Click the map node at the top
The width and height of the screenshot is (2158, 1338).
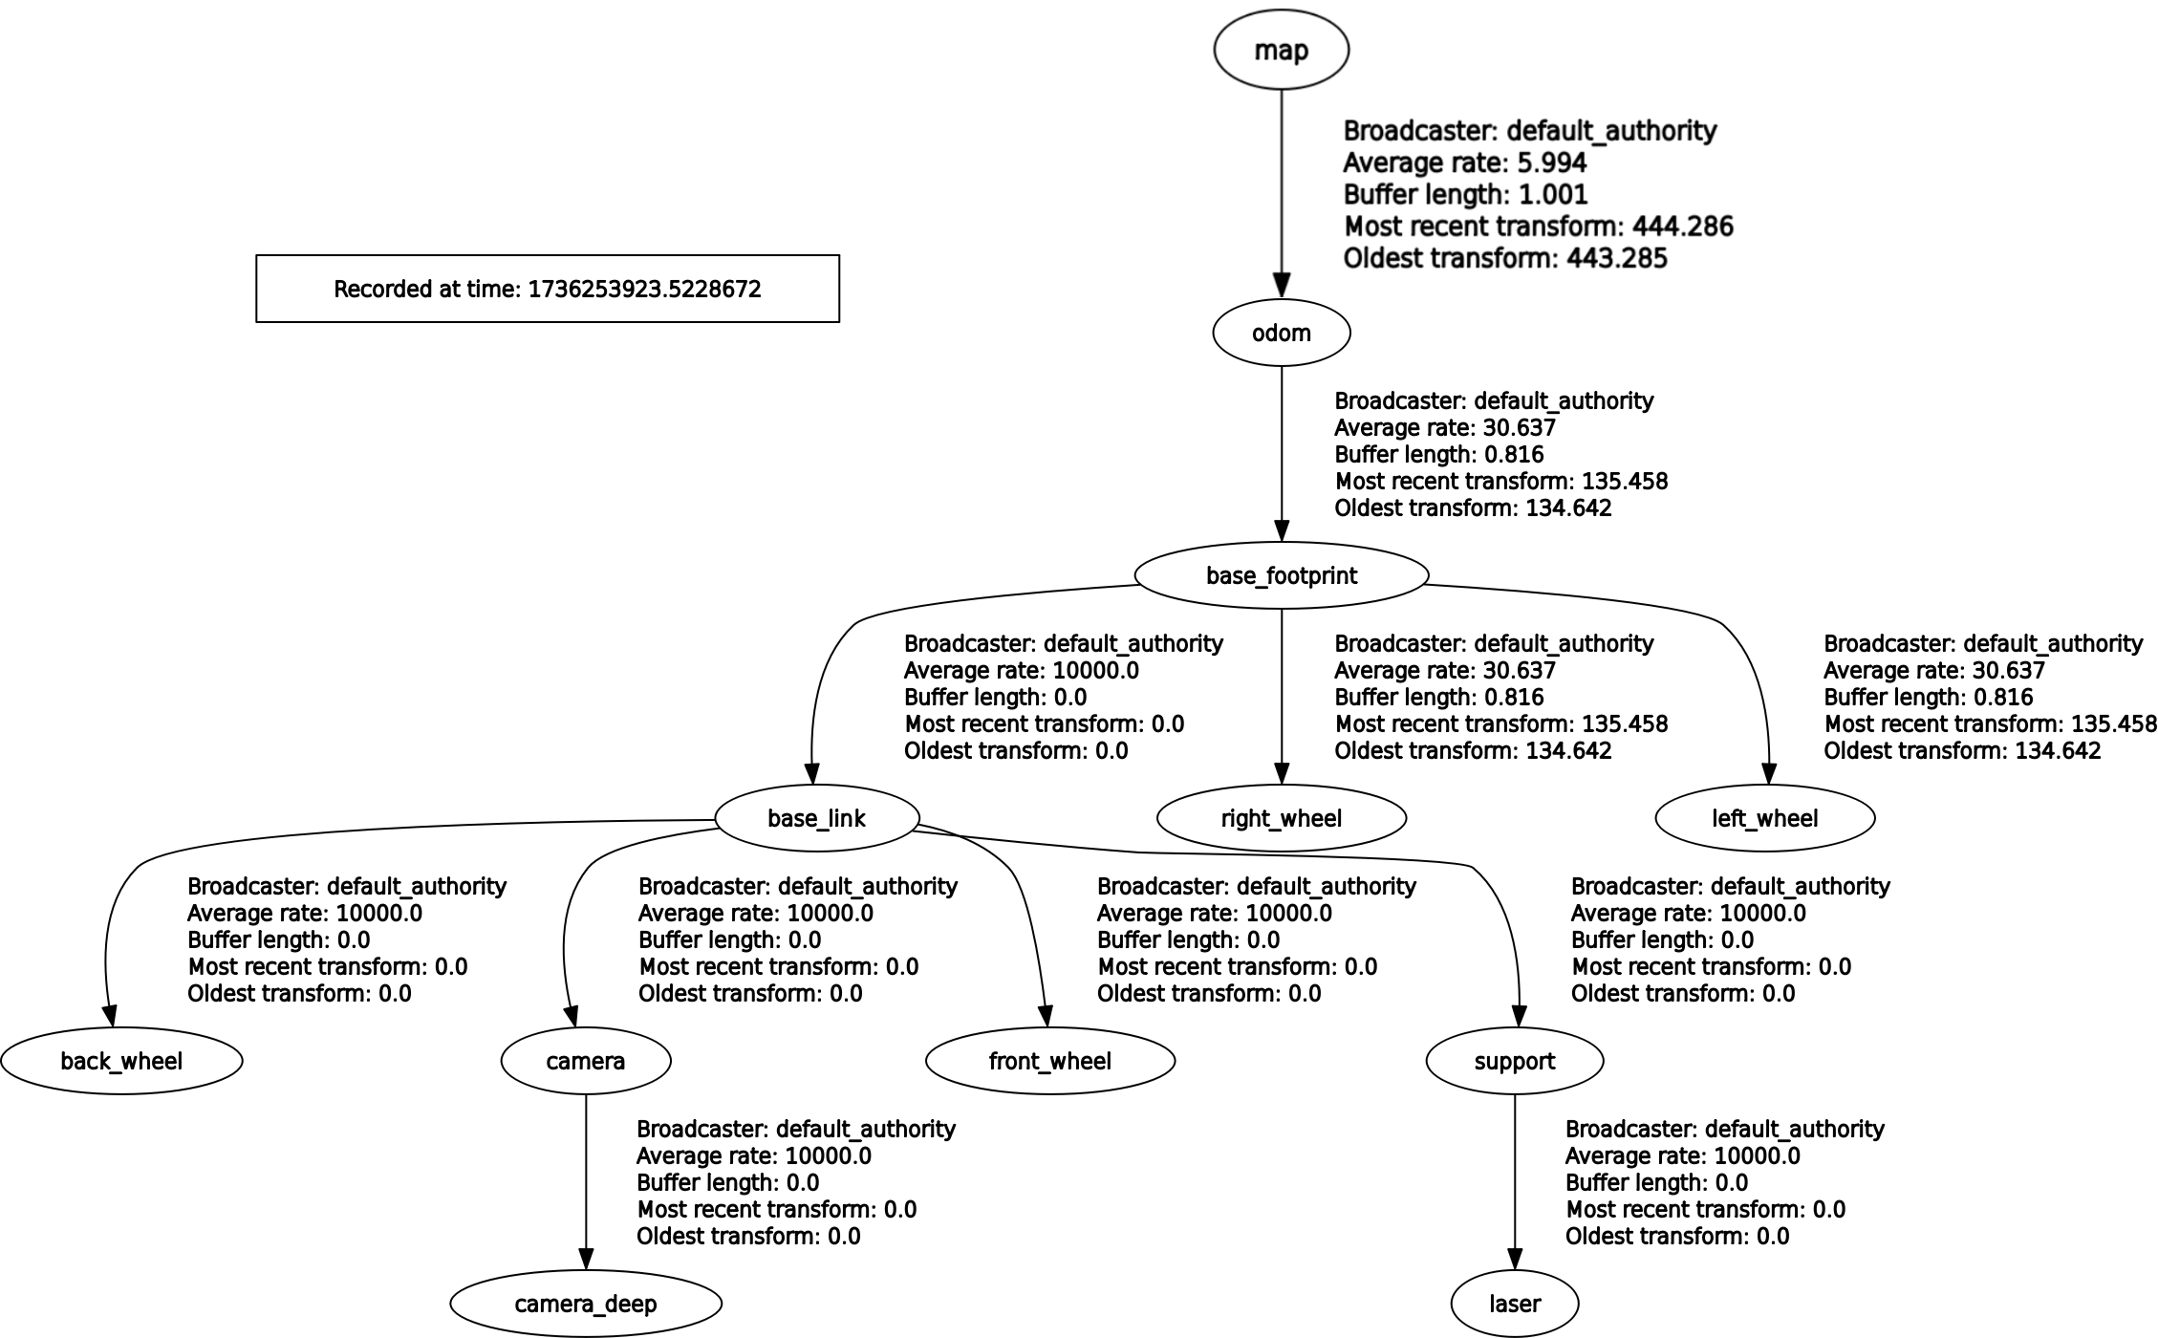[x=1282, y=50]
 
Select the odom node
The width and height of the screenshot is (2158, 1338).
[x=1282, y=333]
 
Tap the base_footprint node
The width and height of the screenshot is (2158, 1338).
[x=1282, y=575]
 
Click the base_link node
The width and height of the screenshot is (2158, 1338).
[x=817, y=818]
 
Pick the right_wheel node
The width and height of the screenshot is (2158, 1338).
[x=1282, y=818]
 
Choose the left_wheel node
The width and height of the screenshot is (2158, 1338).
[x=1765, y=818]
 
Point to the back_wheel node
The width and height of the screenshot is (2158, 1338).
[x=121, y=1061]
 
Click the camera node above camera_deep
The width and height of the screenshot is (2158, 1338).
[x=586, y=1061]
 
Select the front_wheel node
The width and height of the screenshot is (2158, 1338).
[x=1050, y=1061]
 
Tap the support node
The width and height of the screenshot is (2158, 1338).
[x=1515, y=1061]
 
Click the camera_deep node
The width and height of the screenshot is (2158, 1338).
[x=586, y=1304]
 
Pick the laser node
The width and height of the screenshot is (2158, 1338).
[x=1515, y=1304]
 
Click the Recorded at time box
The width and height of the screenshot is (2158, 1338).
[x=548, y=289]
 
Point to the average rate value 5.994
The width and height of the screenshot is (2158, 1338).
[x=1552, y=162]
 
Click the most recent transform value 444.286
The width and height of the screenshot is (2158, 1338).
[x=1683, y=227]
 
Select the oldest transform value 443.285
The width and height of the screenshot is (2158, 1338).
[x=1617, y=258]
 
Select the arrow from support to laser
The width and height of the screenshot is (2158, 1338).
[x=1515, y=1182]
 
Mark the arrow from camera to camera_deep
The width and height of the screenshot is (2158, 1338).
[x=586, y=1182]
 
